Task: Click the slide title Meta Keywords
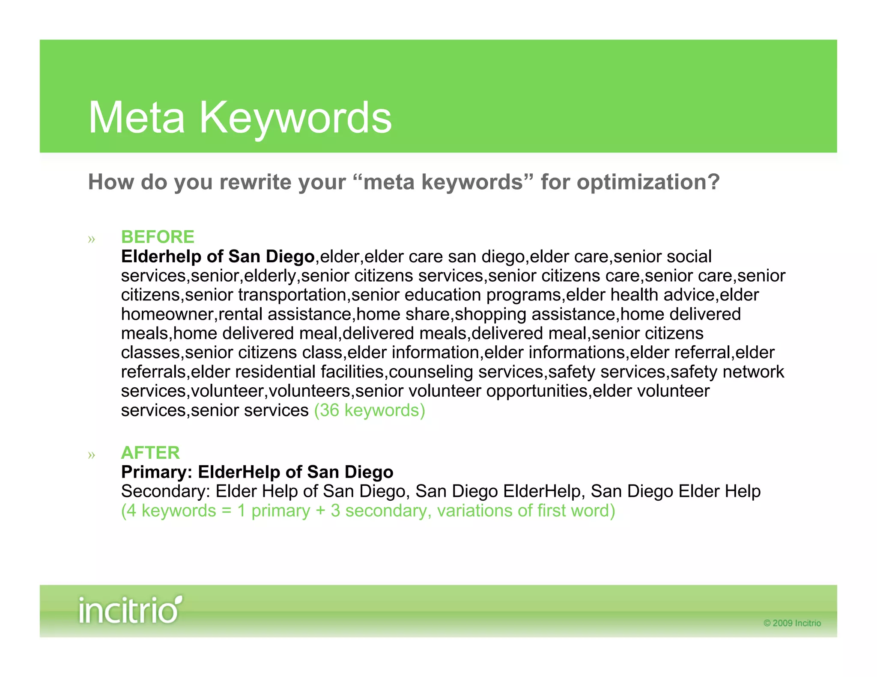point(240,118)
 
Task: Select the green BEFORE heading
point(158,237)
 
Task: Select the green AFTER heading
point(150,453)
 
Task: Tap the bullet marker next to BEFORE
point(91,239)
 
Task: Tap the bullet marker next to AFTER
point(91,455)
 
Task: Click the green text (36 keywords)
point(370,410)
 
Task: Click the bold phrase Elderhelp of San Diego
point(218,256)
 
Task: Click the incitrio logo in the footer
point(130,610)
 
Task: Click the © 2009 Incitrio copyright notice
point(792,623)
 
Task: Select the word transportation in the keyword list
point(292,295)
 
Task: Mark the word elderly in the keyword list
point(270,276)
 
